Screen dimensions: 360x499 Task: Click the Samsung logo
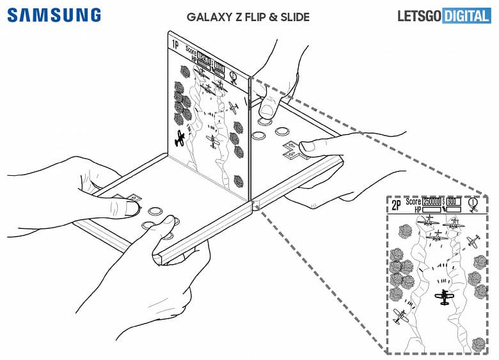(54, 15)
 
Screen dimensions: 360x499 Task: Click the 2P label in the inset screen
(397, 204)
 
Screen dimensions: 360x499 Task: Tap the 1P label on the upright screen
(174, 44)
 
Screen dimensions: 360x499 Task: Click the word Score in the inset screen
(413, 201)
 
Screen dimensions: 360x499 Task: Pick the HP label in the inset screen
(417, 210)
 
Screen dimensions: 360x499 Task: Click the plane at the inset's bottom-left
(401, 316)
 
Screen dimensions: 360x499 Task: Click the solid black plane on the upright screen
(180, 137)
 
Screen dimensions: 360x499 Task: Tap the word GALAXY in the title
(209, 17)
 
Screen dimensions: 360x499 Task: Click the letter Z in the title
(235, 17)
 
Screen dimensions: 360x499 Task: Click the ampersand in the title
(271, 17)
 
